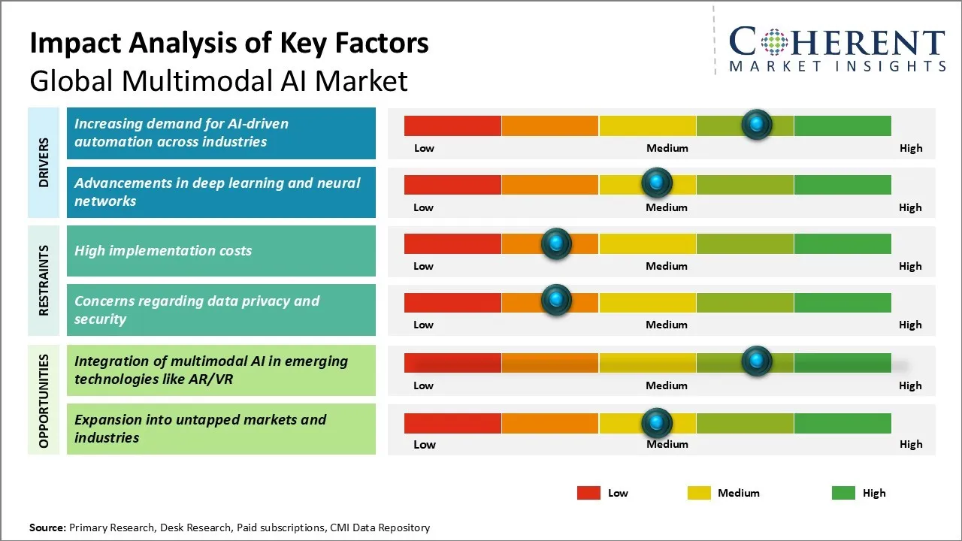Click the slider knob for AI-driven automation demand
coord(756,125)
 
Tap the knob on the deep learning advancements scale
coord(657,183)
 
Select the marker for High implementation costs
coord(556,243)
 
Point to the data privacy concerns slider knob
coord(556,300)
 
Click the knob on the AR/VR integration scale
coord(756,361)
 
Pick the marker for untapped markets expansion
coord(657,422)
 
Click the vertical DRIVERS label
coord(44,162)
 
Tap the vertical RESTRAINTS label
coord(44,280)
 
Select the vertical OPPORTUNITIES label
coord(44,400)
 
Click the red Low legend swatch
coord(588,493)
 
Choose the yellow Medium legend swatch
coord(699,493)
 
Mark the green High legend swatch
coord(843,493)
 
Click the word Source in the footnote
coord(47,527)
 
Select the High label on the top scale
coord(911,148)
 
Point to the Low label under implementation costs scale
coord(424,266)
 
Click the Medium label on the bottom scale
coord(667,444)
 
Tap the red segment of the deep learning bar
coord(452,184)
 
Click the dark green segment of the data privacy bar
coord(842,302)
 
